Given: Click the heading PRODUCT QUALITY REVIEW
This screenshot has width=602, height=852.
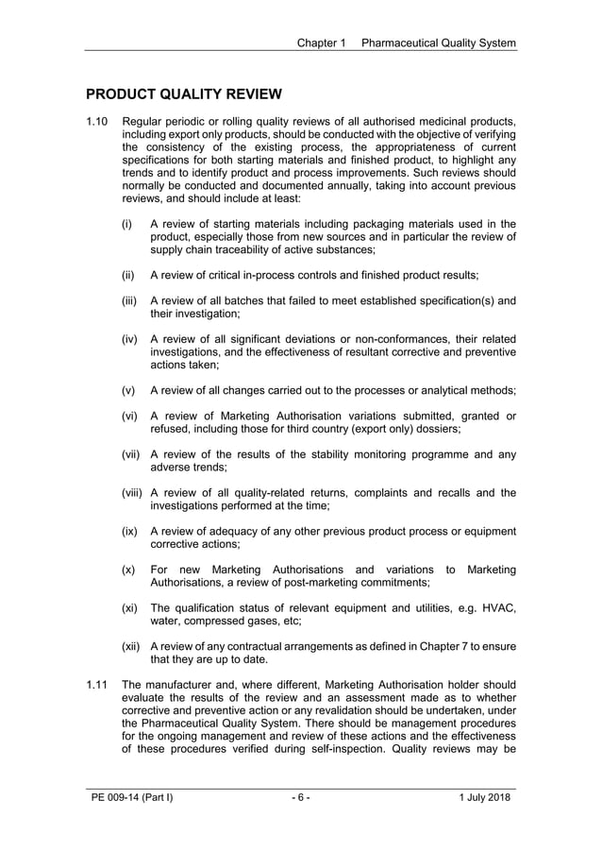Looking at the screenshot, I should click(x=183, y=94).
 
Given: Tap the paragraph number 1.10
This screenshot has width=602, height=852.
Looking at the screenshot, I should click(x=98, y=122).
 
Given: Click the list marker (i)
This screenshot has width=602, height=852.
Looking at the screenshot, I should click(x=126, y=224).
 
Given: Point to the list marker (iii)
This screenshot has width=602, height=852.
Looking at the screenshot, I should click(x=129, y=300).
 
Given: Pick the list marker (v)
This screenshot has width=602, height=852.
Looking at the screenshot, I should click(x=128, y=390).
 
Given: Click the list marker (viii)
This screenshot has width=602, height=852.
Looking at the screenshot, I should click(x=133, y=492).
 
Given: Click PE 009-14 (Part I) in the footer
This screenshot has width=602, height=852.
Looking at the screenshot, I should click(x=132, y=798).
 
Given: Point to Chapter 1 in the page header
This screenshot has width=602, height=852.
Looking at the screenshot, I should click(x=322, y=43).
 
